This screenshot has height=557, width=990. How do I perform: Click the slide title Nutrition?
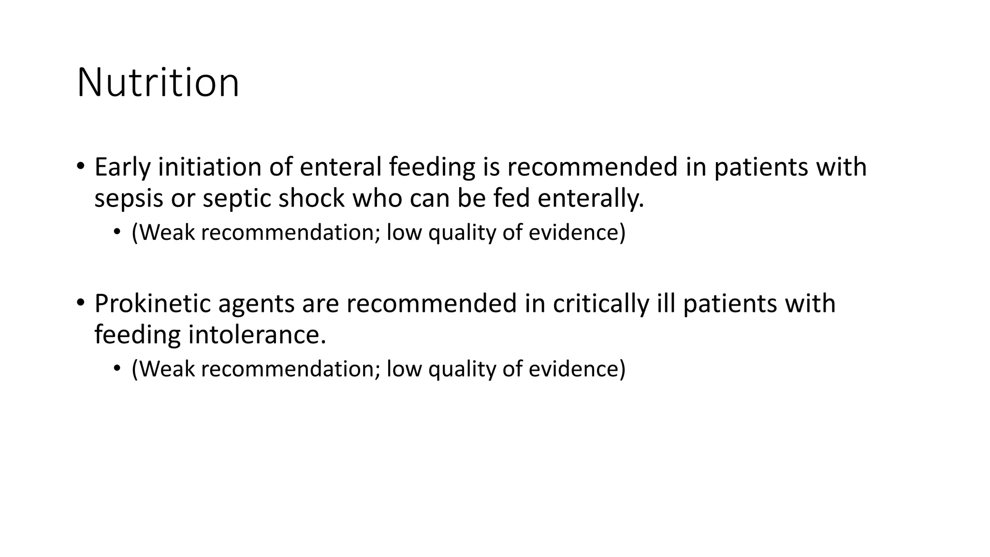[158, 83]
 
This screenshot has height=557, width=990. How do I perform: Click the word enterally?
[591, 198]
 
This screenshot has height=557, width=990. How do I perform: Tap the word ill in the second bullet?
[666, 304]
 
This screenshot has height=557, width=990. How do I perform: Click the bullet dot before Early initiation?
[81, 167]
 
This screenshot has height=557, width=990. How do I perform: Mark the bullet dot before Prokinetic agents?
[81, 303]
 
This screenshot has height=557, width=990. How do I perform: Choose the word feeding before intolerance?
[137, 335]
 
